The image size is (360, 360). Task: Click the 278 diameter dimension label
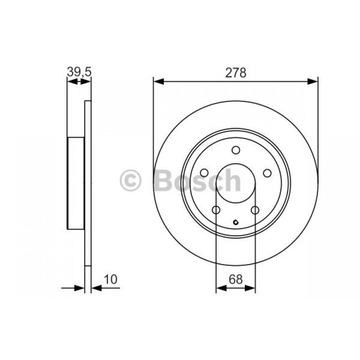click(x=236, y=73)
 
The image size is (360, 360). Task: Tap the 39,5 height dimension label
click(x=79, y=72)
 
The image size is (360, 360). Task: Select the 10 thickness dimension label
click(x=111, y=279)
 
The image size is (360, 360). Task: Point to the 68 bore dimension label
click(x=236, y=279)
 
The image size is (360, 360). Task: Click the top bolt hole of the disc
click(x=236, y=150)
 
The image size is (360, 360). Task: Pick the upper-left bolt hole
click(x=204, y=173)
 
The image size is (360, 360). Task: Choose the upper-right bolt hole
click(x=267, y=173)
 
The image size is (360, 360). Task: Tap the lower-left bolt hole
click(x=216, y=210)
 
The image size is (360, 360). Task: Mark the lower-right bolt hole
click(x=255, y=210)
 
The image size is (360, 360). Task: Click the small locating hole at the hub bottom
click(x=236, y=222)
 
